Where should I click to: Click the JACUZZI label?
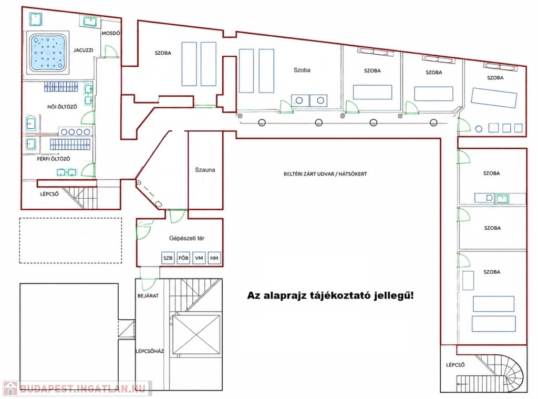[x=83, y=50]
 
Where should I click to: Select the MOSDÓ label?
[x=111, y=33]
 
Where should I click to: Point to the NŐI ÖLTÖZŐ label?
[x=62, y=107]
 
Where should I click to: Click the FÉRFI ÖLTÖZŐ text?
[x=54, y=159]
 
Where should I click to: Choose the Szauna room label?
[x=205, y=170]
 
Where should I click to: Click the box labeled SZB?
[x=168, y=258]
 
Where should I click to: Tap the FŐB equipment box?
[x=183, y=258]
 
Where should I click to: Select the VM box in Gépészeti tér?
[x=199, y=258]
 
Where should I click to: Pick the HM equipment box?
[x=214, y=258]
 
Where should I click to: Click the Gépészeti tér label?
[x=187, y=238]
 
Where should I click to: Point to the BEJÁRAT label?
[x=148, y=295]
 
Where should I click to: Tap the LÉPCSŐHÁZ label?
[x=150, y=351]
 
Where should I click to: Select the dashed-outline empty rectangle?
[x=70, y=241]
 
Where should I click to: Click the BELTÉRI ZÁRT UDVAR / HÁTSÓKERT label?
[x=325, y=174]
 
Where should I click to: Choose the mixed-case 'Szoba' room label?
[x=302, y=70]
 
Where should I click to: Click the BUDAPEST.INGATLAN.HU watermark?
[x=78, y=388]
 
